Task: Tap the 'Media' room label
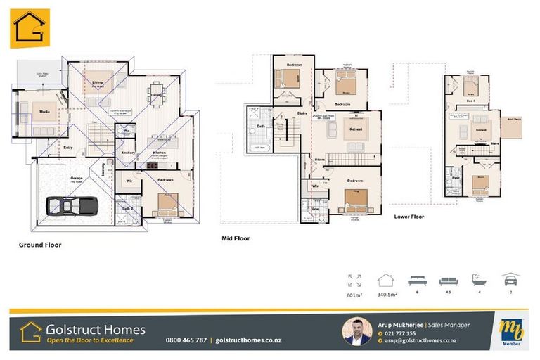click(44, 111)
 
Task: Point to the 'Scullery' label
click(128, 153)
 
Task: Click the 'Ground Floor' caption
click(40, 245)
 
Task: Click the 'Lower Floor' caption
click(410, 217)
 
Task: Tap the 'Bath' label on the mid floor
click(261, 127)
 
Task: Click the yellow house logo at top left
click(30, 28)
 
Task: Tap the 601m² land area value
click(354, 295)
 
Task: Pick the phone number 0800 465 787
click(186, 340)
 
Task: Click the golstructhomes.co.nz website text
click(247, 340)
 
